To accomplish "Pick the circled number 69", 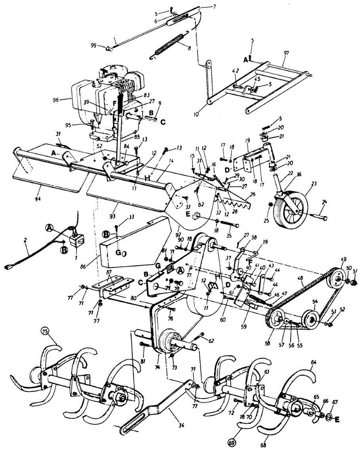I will (x=231, y=443).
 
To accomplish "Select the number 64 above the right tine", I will (x=314, y=362).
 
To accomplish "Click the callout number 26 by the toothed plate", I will (x=253, y=194).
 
